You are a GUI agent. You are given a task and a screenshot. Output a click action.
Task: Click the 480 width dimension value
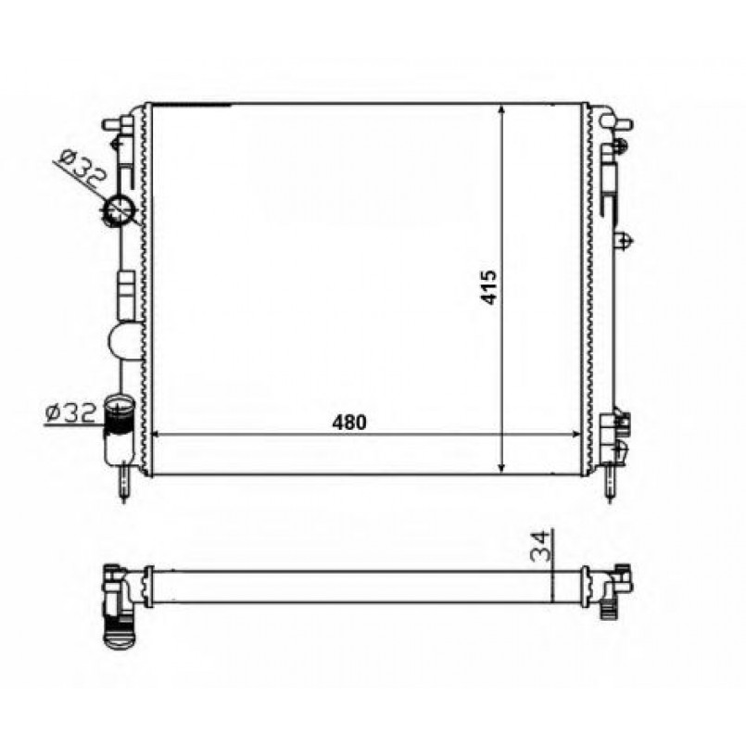(x=349, y=422)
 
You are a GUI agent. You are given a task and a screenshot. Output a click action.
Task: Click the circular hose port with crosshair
(x=119, y=210)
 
